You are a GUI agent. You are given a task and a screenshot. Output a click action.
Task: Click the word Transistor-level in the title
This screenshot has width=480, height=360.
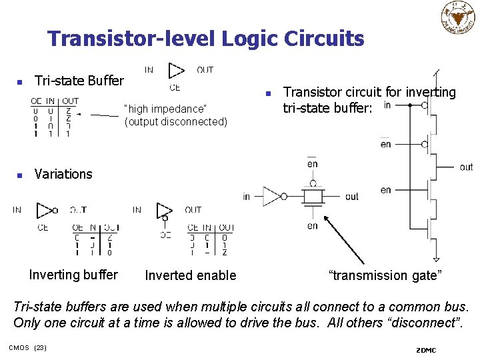click(x=131, y=39)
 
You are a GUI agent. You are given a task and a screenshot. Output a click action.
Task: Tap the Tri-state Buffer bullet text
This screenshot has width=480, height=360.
click(x=79, y=81)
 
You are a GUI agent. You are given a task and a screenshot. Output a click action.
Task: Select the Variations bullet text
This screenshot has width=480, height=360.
click(x=63, y=174)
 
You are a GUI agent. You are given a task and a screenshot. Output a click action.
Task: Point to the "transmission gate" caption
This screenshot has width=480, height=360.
click(x=385, y=275)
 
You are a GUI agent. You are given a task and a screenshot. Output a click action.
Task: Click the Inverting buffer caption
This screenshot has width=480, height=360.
click(x=73, y=275)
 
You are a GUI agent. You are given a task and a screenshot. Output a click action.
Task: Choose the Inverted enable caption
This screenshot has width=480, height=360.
click(x=190, y=275)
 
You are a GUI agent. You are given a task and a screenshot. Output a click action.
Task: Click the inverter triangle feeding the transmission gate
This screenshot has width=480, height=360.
click(x=273, y=196)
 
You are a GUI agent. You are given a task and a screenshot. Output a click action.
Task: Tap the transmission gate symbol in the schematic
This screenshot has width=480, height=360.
click(x=312, y=196)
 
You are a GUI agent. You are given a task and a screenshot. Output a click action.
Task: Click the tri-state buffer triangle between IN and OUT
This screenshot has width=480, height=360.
click(x=176, y=71)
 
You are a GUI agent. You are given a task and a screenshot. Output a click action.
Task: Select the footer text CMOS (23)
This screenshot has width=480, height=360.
click(x=27, y=347)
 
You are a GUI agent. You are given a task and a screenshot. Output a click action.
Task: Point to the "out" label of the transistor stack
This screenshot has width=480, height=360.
click(x=466, y=167)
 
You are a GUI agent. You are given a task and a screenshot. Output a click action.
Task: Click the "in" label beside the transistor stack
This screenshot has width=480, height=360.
click(x=387, y=105)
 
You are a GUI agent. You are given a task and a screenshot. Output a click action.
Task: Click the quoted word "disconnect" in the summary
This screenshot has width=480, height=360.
click(x=425, y=323)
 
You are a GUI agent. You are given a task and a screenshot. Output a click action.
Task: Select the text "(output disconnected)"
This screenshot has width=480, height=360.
click(x=175, y=122)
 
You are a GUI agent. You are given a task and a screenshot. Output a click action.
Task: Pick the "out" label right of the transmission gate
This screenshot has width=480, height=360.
click(x=351, y=196)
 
